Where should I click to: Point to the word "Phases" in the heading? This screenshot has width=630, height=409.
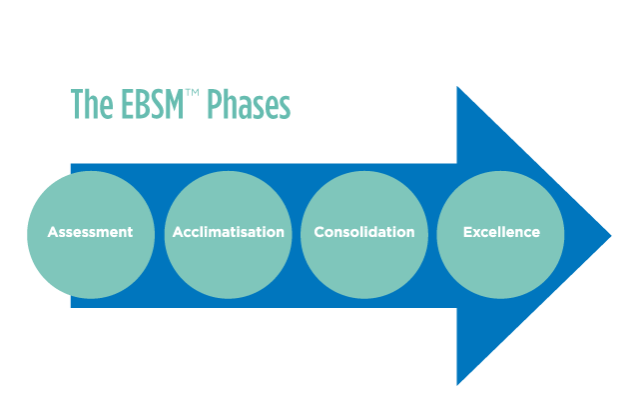click(249, 105)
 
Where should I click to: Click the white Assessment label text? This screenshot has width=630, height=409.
click(91, 232)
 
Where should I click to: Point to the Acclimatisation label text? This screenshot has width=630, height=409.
click(228, 232)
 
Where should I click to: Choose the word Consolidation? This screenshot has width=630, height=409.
click(364, 232)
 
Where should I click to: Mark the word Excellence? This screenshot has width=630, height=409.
click(501, 232)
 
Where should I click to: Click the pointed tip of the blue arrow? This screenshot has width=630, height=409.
click(609, 236)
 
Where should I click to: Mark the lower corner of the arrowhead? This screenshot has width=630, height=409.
click(457, 384)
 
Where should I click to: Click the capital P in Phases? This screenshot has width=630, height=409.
click(213, 105)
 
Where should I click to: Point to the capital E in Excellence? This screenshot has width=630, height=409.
click(467, 232)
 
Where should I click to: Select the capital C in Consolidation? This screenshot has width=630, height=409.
click(319, 232)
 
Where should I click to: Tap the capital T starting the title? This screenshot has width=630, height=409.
click(77, 105)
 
